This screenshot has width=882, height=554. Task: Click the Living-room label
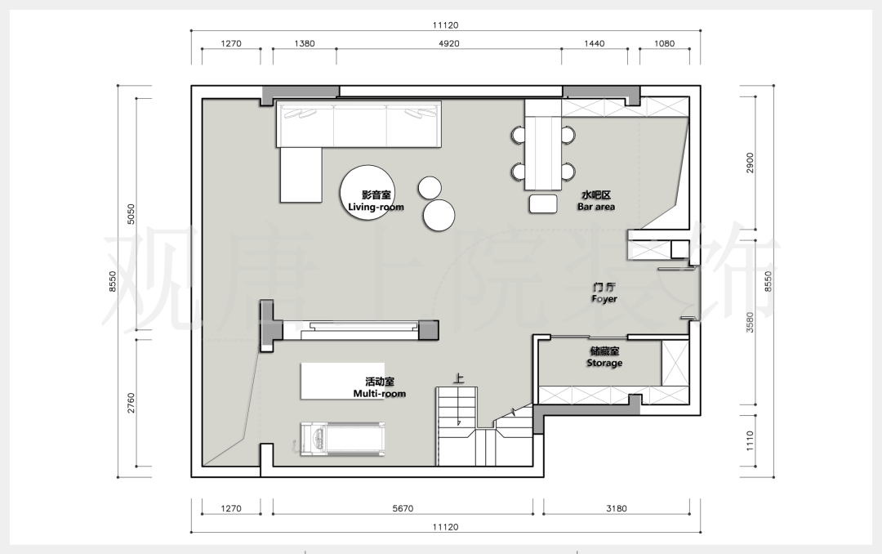click(x=376, y=201)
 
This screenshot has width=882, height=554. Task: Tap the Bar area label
click(x=595, y=201)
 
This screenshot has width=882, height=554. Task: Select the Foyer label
click(x=604, y=293)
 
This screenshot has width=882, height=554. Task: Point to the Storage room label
click(x=604, y=357)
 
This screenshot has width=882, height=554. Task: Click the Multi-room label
click(x=379, y=387)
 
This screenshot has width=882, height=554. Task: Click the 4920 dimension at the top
click(x=448, y=43)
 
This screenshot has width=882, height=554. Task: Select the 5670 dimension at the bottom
click(x=403, y=508)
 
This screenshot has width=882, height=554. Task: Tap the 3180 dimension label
click(x=616, y=508)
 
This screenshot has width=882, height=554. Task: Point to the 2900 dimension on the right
click(x=750, y=163)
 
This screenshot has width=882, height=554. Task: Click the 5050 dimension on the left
click(x=131, y=214)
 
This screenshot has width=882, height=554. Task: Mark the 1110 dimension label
click(x=750, y=441)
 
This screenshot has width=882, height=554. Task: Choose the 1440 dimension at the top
click(x=594, y=43)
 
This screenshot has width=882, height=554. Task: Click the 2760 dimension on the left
click(x=131, y=403)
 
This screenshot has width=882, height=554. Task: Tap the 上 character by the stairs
click(x=459, y=378)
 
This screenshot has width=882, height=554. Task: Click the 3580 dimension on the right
click(x=750, y=323)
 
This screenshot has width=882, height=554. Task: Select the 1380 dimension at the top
click(x=305, y=43)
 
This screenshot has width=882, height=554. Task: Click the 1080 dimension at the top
click(x=664, y=43)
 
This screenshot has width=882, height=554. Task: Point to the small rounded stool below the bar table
click(x=543, y=203)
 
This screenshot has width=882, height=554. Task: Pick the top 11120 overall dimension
click(x=446, y=25)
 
